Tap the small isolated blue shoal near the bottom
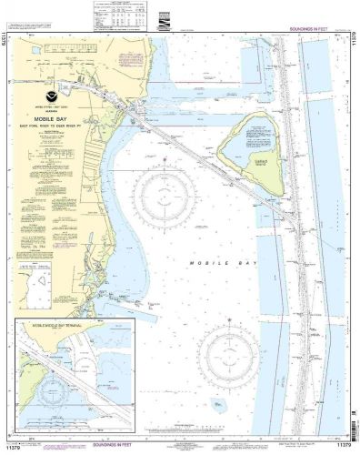218,403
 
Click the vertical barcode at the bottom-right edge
352,419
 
